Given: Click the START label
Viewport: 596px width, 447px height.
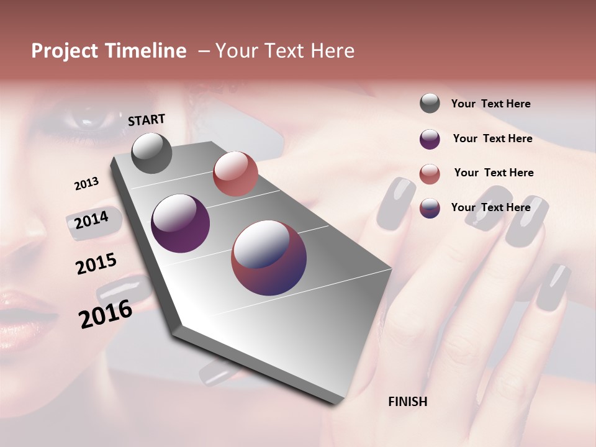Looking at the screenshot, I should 147,119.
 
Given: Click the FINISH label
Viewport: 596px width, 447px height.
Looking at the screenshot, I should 407,402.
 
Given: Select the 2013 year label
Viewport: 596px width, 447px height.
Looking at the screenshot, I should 86,184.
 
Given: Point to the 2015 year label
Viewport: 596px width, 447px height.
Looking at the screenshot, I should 96,264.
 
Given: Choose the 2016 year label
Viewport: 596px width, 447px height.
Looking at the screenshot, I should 106,314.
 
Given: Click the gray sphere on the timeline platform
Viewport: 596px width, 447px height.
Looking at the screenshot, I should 152,153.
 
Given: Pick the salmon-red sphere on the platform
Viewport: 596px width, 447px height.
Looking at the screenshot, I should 235,174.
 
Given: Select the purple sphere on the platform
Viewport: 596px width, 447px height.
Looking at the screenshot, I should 181,223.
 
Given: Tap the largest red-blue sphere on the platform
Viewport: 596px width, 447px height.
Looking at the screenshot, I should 269,258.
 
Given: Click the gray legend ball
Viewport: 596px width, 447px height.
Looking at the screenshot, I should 430,103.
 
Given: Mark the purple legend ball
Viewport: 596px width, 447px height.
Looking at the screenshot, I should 430,139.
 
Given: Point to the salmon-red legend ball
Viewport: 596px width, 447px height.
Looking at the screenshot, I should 430,174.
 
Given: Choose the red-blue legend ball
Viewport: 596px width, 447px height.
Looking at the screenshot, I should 430,208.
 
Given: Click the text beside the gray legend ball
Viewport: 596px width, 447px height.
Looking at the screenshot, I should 490,104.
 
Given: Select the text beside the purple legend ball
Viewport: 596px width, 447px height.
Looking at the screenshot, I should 492,138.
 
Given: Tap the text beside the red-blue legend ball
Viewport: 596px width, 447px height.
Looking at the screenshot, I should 490,207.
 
